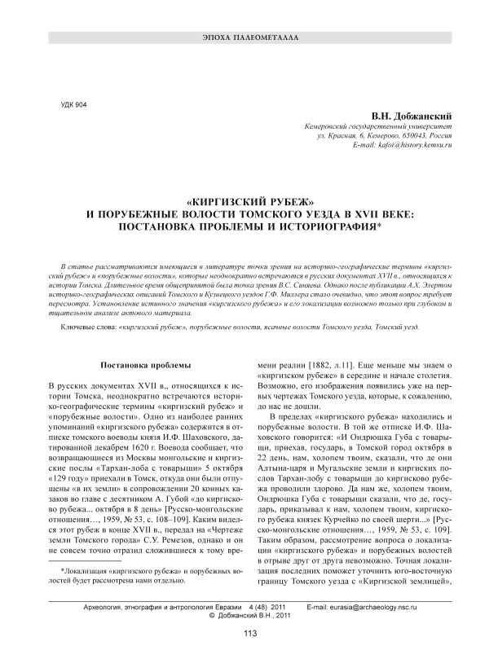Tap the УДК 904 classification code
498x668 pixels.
[75, 106]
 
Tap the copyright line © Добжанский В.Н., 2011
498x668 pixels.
[249, 617]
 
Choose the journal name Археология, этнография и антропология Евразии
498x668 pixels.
[160, 608]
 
